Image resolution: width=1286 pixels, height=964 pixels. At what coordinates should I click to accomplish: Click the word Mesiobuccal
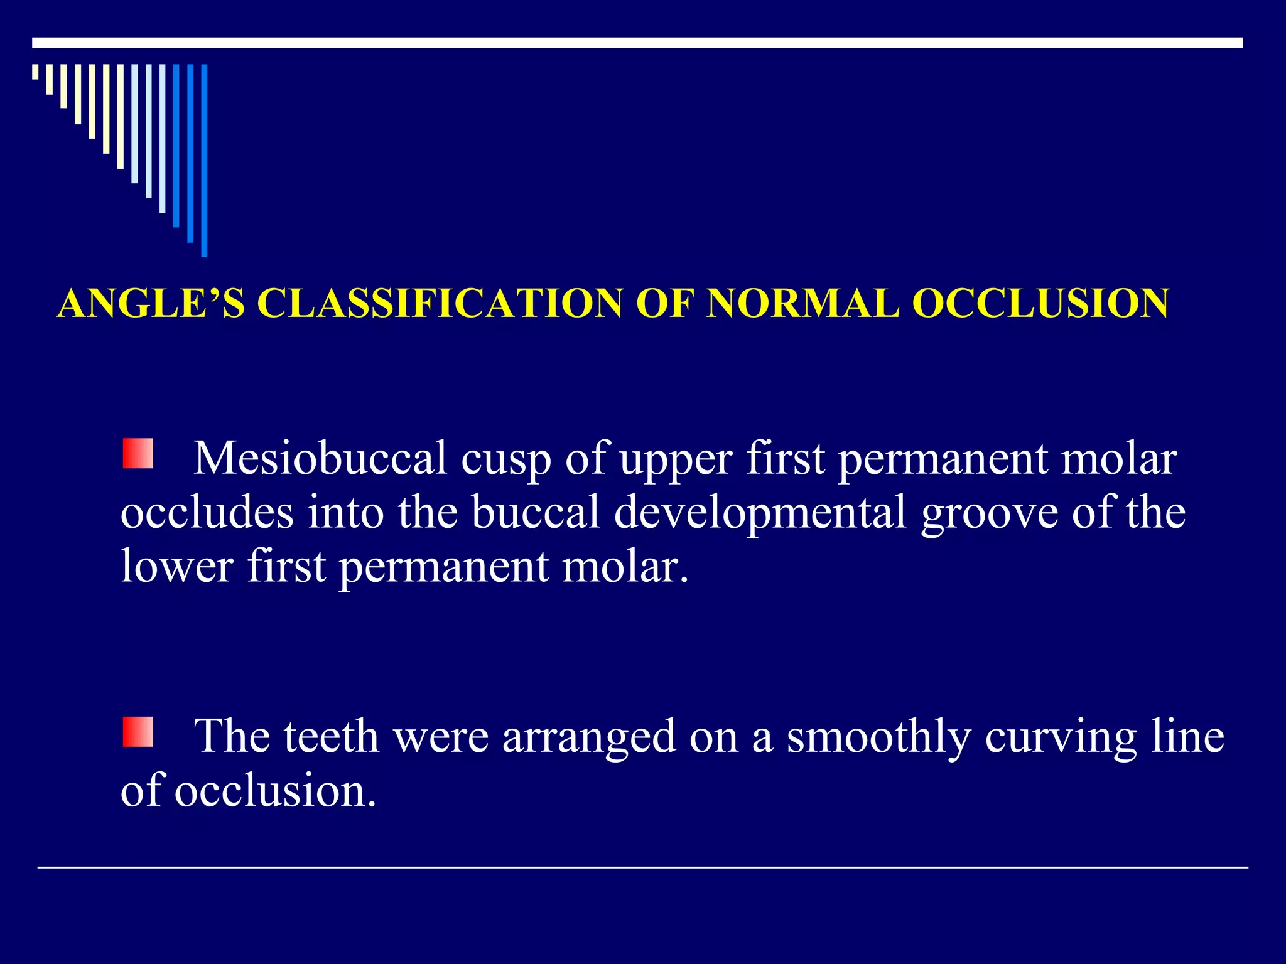point(320,458)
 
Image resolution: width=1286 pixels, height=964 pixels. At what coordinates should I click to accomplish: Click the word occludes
point(207,512)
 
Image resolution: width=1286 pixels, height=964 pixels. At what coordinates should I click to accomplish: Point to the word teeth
point(331,736)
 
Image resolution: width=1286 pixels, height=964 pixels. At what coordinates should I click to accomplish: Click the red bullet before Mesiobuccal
point(138,454)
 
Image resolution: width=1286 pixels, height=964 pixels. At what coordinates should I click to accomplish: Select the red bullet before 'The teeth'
point(138,732)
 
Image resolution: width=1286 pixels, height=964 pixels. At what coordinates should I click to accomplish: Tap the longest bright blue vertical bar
point(204,160)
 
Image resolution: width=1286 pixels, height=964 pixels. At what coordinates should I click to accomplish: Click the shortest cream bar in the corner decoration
point(35,72)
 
